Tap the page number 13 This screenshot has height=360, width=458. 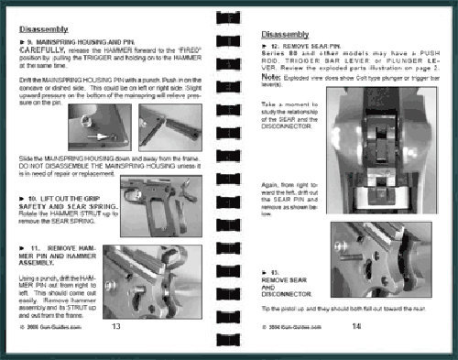[115, 325]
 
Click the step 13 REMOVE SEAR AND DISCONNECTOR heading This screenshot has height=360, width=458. [276, 287]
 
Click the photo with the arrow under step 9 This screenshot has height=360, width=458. [96, 127]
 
